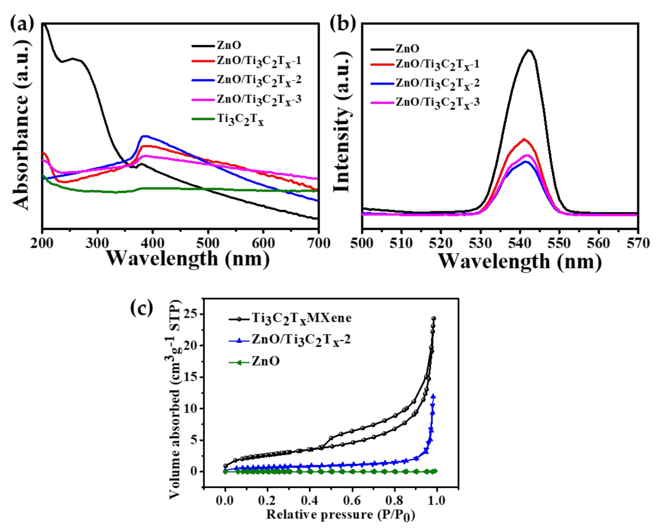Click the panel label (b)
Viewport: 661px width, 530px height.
(343, 23)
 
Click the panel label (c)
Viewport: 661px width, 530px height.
(142, 308)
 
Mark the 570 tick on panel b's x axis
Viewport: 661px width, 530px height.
(637, 243)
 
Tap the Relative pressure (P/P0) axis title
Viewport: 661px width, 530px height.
(341, 515)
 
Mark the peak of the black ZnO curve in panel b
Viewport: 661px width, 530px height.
(529, 50)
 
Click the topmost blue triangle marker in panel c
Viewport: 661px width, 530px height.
(433, 396)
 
